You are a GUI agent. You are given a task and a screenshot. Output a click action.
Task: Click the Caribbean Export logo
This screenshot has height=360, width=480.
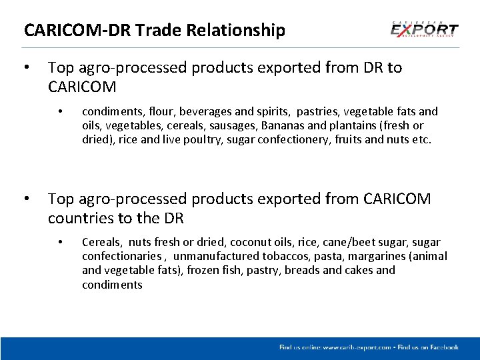424,30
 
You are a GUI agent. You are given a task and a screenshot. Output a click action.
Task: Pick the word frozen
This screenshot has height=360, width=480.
204,271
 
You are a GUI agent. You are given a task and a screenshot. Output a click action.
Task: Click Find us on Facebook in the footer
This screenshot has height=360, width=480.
428,347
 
